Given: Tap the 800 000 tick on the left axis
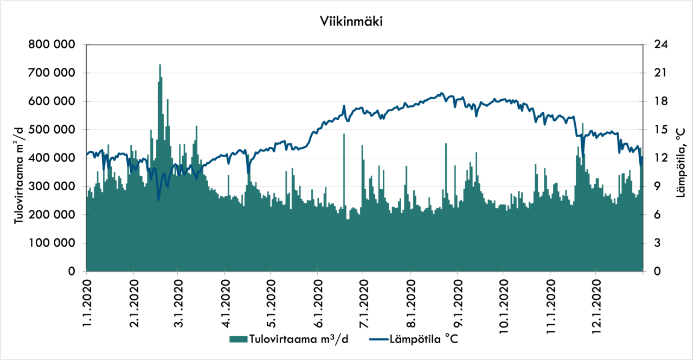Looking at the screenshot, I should (x=52, y=44).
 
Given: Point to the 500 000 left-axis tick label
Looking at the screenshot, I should (x=52, y=130).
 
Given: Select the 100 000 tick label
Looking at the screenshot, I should (x=52, y=243).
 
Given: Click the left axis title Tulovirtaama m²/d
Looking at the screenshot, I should (x=20, y=172).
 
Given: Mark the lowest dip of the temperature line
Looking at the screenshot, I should (x=158, y=200).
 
